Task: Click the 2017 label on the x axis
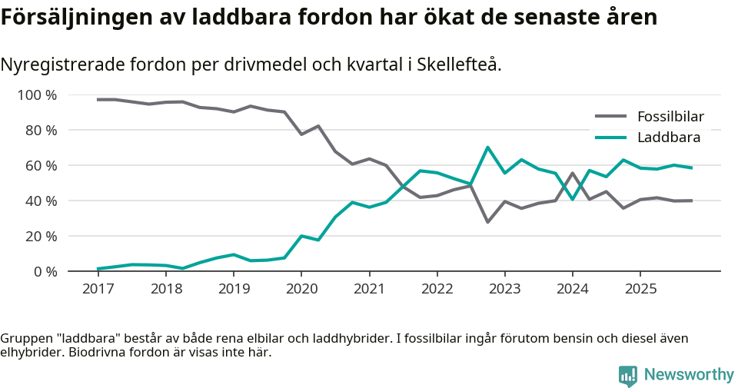pyautogui.click(x=98, y=289)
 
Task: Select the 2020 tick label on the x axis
pyautogui.click(x=301, y=289)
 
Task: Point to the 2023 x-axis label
pyautogui.click(x=504, y=289)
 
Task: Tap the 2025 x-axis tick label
pyautogui.click(x=640, y=289)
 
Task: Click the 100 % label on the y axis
pyautogui.click(x=38, y=95)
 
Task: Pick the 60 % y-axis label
pyautogui.click(x=42, y=166)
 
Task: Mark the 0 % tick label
pyautogui.click(x=45, y=271)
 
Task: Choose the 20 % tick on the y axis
pyautogui.click(x=42, y=236)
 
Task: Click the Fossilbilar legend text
pyautogui.click(x=670, y=118)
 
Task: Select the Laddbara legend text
pyautogui.click(x=669, y=138)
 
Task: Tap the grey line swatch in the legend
pyautogui.click(x=610, y=118)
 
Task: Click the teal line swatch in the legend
pyautogui.click(x=610, y=138)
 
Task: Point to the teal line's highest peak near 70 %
pyautogui.click(x=487, y=148)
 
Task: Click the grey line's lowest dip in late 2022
pyautogui.click(x=487, y=222)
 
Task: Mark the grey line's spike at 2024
pyautogui.click(x=573, y=173)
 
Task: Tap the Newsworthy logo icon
pyautogui.click(x=628, y=375)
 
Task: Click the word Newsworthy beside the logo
pyautogui.click(x=689, y=375)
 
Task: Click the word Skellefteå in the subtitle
pyautogui.click(x=460, y=65)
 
